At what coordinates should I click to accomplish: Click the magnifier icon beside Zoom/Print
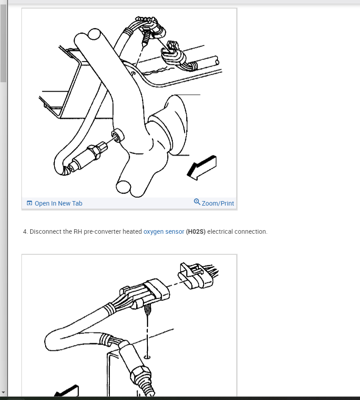click(x=197, y=202)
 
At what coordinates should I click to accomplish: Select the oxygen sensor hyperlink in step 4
click(x=163, y=232)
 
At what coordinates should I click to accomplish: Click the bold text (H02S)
click(x=196, y=232)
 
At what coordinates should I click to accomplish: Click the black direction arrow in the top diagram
click(x=202, y=168)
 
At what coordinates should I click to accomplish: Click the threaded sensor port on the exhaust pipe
click(x=117, y=135)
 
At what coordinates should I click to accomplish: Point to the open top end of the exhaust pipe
click(x=94, y=34)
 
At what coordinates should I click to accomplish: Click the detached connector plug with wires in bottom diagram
click(x=198, y=275)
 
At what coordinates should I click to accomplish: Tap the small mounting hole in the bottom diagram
click(x=147, y=357)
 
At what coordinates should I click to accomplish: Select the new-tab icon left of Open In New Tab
click(x=29, y=203)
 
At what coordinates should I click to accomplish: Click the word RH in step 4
click(x=78, y=232)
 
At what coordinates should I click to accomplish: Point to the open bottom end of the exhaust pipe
click(x=123, y=187)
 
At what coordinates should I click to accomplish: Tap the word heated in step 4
click(x=132, y=232)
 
